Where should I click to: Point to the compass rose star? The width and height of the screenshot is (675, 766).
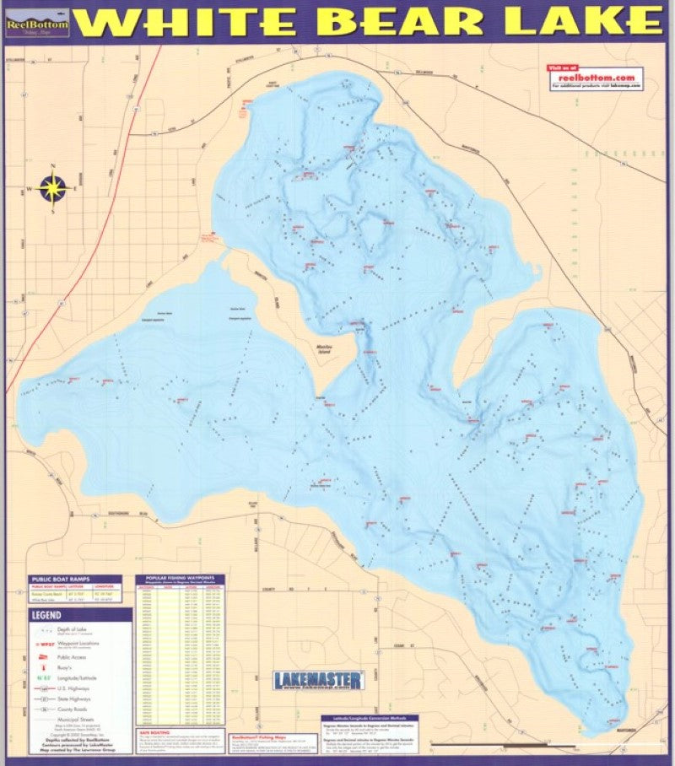[53, 187]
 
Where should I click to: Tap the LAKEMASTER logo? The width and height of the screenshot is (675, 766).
[319, 680]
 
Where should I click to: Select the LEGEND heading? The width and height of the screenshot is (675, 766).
[46, 615]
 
